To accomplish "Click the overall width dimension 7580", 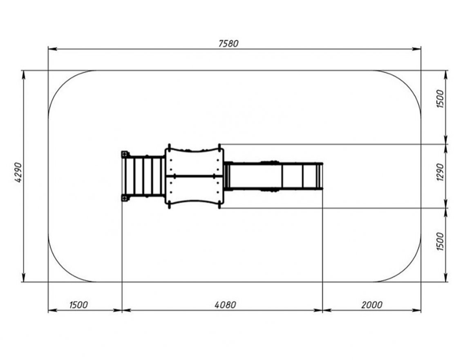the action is (228, 43).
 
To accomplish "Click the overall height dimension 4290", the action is (18, 172).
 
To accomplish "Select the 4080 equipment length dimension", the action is (225, 305).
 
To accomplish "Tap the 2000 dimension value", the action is (372, 305).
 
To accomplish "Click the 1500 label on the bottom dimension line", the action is (78, 305).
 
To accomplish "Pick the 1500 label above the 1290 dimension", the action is (440, 99).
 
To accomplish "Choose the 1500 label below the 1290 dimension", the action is (440, 241).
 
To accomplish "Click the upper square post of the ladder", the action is (125, 154).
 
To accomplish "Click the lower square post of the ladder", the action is (125, 198).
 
